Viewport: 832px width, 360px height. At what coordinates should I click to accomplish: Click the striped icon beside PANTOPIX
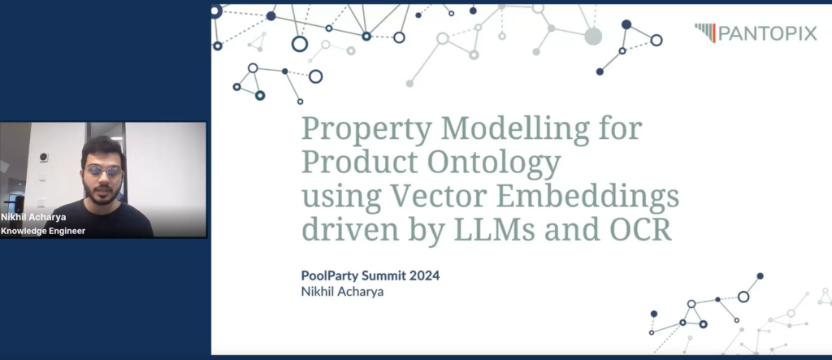click(705, 33)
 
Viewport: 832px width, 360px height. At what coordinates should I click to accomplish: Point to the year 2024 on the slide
click(426, 275)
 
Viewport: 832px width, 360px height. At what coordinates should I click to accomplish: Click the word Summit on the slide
click(384, 275)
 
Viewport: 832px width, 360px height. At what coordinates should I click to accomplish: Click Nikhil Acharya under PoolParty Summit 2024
click(342, 292)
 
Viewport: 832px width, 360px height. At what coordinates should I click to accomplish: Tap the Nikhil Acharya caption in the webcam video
click(33, 217)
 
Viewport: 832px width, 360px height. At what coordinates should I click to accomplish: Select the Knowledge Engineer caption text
click(43, 231)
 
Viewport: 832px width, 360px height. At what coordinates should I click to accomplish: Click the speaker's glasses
click(103, 171)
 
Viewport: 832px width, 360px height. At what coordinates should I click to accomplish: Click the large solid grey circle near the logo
click(593, 36)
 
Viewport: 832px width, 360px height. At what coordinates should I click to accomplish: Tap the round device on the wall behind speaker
click(44, 157)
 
